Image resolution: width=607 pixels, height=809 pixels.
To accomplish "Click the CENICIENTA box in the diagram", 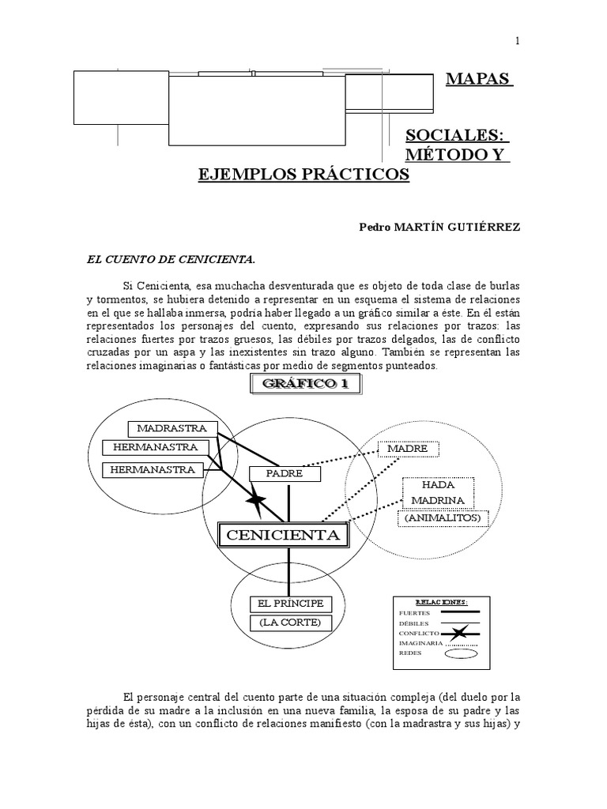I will (283, 536).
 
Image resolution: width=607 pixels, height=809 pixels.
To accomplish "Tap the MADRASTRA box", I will (172, 428).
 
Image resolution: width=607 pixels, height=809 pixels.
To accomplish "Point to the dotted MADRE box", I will (408, 448).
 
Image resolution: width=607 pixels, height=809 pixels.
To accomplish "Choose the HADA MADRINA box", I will (438, 492).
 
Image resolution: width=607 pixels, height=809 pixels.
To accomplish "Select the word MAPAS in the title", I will (479, 80).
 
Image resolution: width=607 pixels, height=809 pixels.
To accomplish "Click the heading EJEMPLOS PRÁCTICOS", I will (303, 174).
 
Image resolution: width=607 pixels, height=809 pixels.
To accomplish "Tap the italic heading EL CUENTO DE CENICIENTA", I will (170, 258).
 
